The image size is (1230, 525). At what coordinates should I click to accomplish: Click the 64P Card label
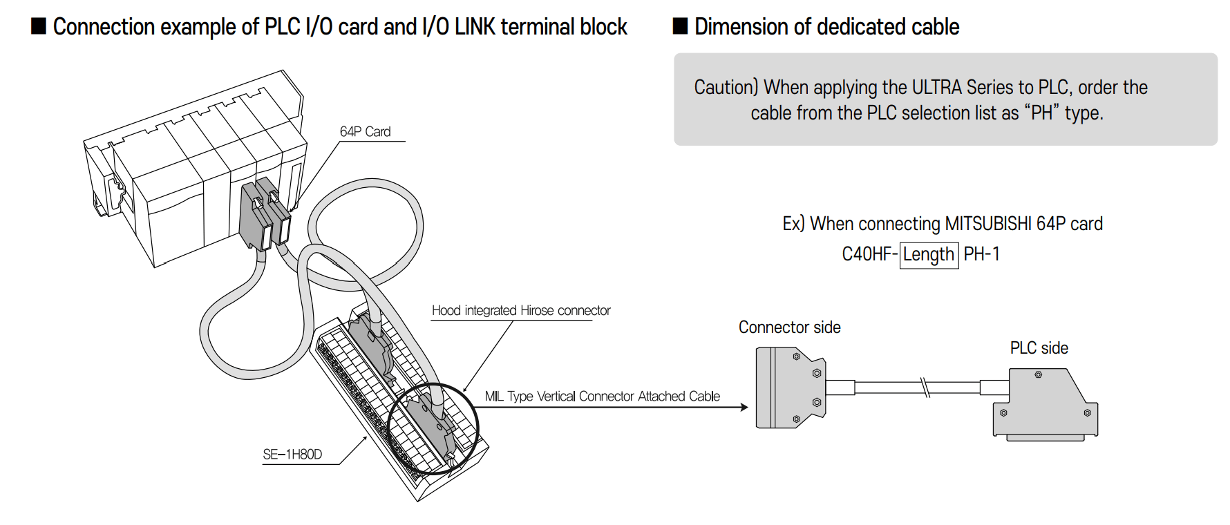click(365, 131)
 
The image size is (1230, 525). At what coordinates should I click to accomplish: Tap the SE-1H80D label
click(292, 454)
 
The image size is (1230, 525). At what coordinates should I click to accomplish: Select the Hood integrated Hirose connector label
click(521, 310)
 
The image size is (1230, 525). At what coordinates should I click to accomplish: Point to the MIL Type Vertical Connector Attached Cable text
click(602, 396)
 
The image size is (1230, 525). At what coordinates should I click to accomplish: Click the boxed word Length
click(929, 254)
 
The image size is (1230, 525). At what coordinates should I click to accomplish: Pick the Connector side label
click(789, 327)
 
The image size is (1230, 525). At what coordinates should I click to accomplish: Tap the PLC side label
click(1039, 347)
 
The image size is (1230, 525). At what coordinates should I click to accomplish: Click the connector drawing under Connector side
click(791, 388)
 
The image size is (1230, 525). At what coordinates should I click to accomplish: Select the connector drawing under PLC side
click(1045, 403)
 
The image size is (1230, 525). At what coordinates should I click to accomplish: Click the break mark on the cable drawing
click(925, 387)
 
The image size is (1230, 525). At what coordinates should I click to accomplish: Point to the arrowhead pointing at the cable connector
click(744, 407)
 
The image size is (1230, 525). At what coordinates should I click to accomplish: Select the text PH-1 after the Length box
click(982, 254)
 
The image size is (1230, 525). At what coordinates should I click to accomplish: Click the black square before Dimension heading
click(681, 26)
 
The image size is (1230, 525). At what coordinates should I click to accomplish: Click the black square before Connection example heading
click(39, 26)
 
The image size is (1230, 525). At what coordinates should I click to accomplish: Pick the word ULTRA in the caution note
click(937, 87)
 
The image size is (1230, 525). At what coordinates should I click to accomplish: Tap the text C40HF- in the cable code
click(869, 254)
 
